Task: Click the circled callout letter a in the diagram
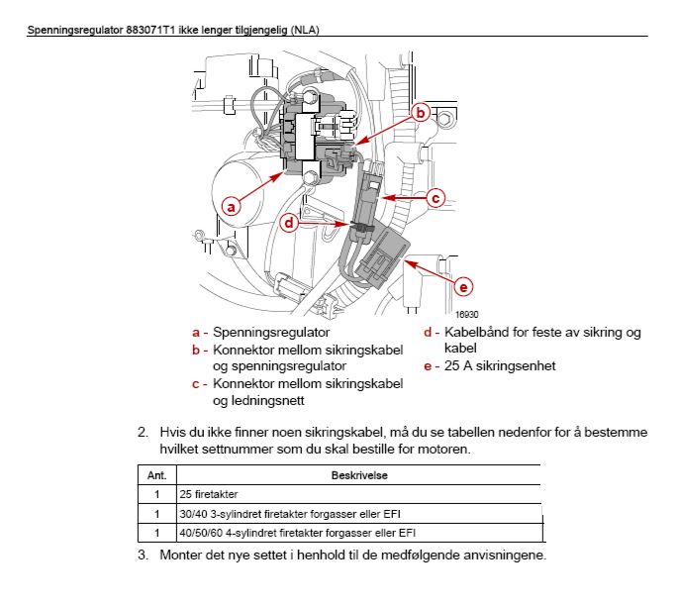231,207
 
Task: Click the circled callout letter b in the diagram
420,113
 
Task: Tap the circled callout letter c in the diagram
436,197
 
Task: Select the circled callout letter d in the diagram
289,224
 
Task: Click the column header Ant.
155,475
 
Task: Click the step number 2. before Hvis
144,432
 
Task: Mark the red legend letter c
197,383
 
